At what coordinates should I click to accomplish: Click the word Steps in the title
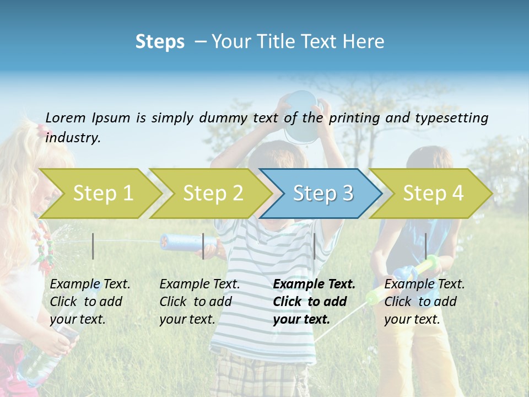click(x=160, y=41)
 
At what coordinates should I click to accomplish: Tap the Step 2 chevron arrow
click(x=213, y=193)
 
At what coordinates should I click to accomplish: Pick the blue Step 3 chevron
click(x=322, y=193)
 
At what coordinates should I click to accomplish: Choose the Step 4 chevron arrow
click(x=433, y=193)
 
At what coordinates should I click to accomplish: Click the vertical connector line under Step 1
click(x=93, y=246)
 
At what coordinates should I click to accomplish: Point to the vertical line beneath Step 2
click(x=203, y=246)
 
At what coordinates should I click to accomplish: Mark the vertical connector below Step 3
click(x=314, y=246)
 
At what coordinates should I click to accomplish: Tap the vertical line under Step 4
click(x=425, y=246)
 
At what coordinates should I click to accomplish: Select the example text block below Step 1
click(x=90, y=302)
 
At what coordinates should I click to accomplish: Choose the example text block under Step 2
click(x=199, y=302)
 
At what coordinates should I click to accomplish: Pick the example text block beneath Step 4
click(x=424, y=302)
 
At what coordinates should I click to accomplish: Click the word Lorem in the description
click(x=65, y=117)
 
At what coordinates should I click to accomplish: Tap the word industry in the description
click(x=73, y=137)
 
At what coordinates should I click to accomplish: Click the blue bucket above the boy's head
click(x=301, y=113)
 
